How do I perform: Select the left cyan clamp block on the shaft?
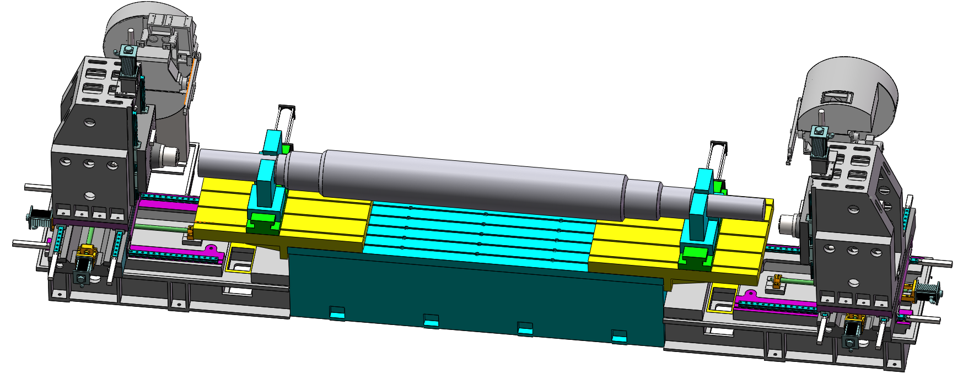point(268,185)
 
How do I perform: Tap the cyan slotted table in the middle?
point(480,234)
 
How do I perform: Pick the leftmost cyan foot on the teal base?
point(337,313)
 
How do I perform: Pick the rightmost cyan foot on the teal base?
point(619,337)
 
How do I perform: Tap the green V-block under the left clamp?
point(263,223)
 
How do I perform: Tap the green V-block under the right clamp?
point(696,255)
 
